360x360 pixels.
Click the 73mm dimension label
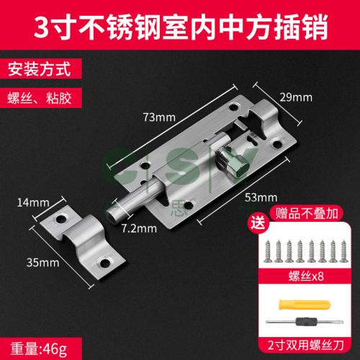pyautogui.click(x=159, y=117)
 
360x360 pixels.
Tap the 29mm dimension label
pyautogui.click(x=296, y=97)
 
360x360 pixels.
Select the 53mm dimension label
pyautogui.click(x=261, y=197)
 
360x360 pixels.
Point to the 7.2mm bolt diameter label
pyautogui.click(x=139, y=228)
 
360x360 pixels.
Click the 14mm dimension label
pyautogui.click(x=33, y=202)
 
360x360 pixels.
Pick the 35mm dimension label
pyautogui.click(x=43, y=263)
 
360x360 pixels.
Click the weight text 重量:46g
pyautogui.click(x=39, y=348)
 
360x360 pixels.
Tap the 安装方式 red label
pyautogui.click(x=40, y=69)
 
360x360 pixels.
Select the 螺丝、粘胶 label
pyautogui.click(x=40, y=98)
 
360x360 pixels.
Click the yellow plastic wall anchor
pyautogui.click(x=305, y=305)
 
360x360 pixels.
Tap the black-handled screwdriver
pyautogui.click(x=305, y=321)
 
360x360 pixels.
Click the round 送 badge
pyautogui.click(x=258, y=222)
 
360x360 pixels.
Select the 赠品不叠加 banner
pyautogui.click(x=307, y=213)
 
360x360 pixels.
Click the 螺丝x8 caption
pyautogui.click(x=306, y=276)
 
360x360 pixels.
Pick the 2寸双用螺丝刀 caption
pyautogui.click(x=306, y=346)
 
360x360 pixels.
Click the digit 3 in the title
pyautogui.click(x=41, y=26)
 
